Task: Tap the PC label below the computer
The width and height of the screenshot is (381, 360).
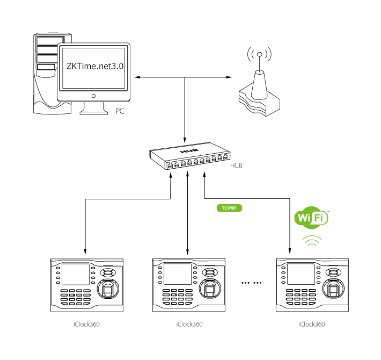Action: pos(120,111)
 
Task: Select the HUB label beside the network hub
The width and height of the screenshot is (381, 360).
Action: pos(236,165)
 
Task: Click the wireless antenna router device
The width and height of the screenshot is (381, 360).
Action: pos(259,91)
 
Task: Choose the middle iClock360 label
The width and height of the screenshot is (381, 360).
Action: pos(189,324)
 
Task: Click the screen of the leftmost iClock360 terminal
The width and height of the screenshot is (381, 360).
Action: pos(75,275)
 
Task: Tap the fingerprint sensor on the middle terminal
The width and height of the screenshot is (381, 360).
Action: pos(211,291)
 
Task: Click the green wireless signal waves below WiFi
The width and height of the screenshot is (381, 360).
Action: pos(312,241)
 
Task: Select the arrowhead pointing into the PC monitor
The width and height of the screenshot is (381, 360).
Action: pos(136,78)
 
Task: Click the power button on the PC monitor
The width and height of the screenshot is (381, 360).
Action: pos(94,96)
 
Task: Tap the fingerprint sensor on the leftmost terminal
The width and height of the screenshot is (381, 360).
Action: pos(108,291)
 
